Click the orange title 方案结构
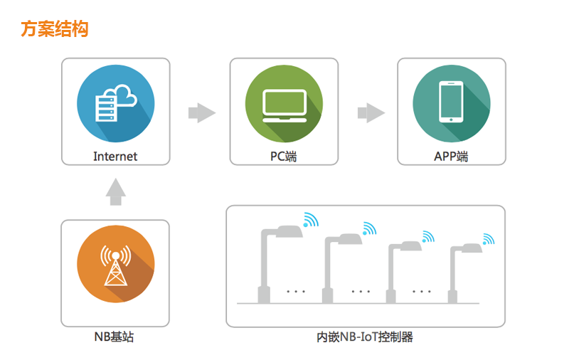55,29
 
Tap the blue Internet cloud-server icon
115,104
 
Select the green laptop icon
283,104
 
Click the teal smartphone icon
451,104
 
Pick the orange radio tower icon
115,265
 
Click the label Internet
115,156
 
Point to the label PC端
283,156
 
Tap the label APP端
451,156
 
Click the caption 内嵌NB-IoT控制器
365,337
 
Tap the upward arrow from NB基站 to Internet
115,191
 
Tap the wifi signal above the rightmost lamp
488,238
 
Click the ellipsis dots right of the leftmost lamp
295,291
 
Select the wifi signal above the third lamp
427,236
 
